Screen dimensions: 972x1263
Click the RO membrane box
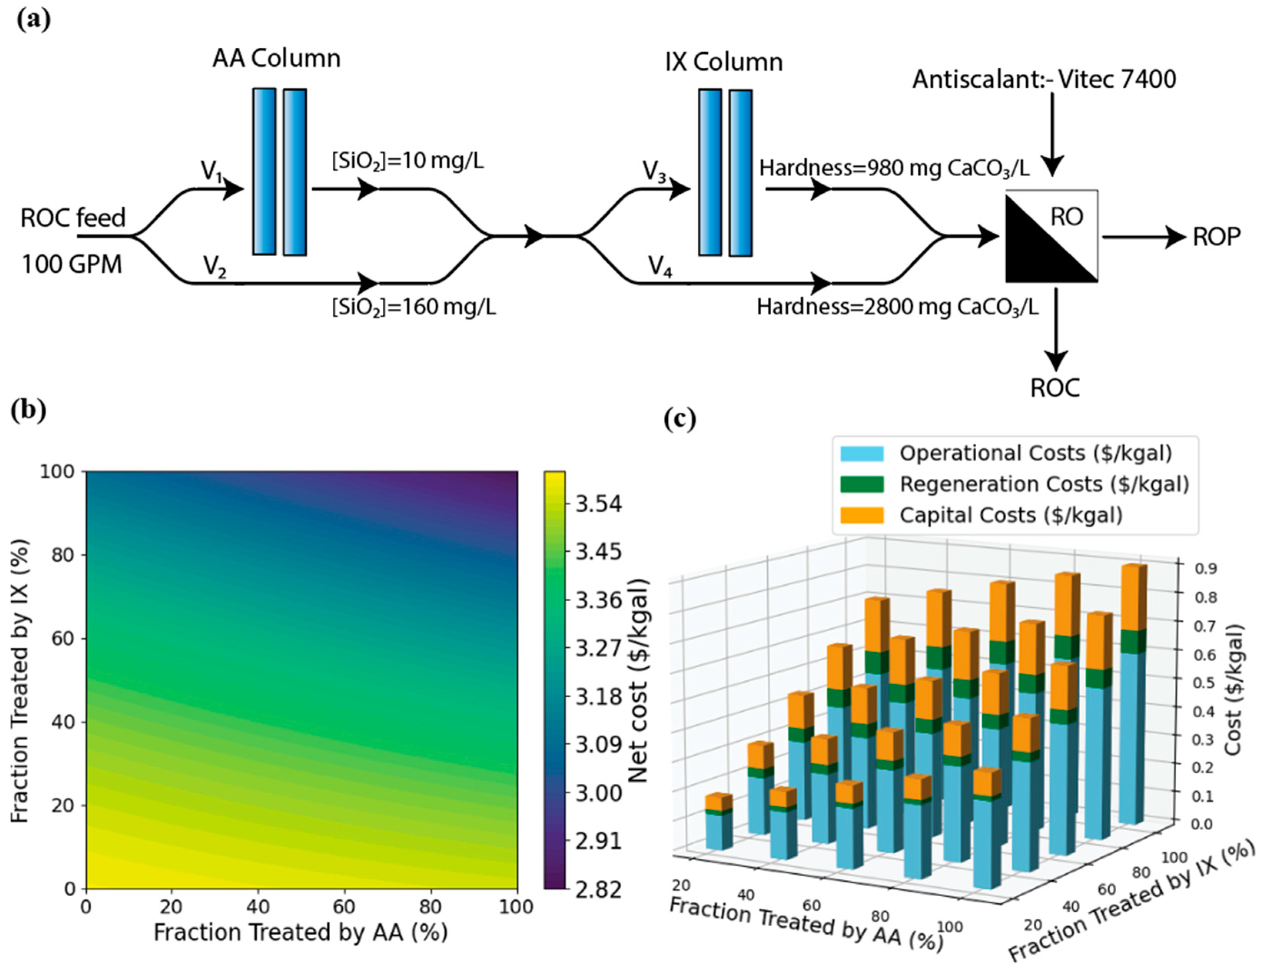pos(1051,237)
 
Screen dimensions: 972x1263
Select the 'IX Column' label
pos(724,62)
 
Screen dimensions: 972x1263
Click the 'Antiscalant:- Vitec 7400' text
pos(1044,79)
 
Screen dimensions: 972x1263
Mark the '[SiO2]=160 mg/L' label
pos(413,307)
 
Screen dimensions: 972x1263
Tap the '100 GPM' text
pos(72,265)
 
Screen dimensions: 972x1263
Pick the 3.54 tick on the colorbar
pos(599,504)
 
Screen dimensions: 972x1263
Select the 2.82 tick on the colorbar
pos(599,889)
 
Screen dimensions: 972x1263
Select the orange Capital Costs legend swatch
pos(862,515)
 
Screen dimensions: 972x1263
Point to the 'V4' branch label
pos(660,267)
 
